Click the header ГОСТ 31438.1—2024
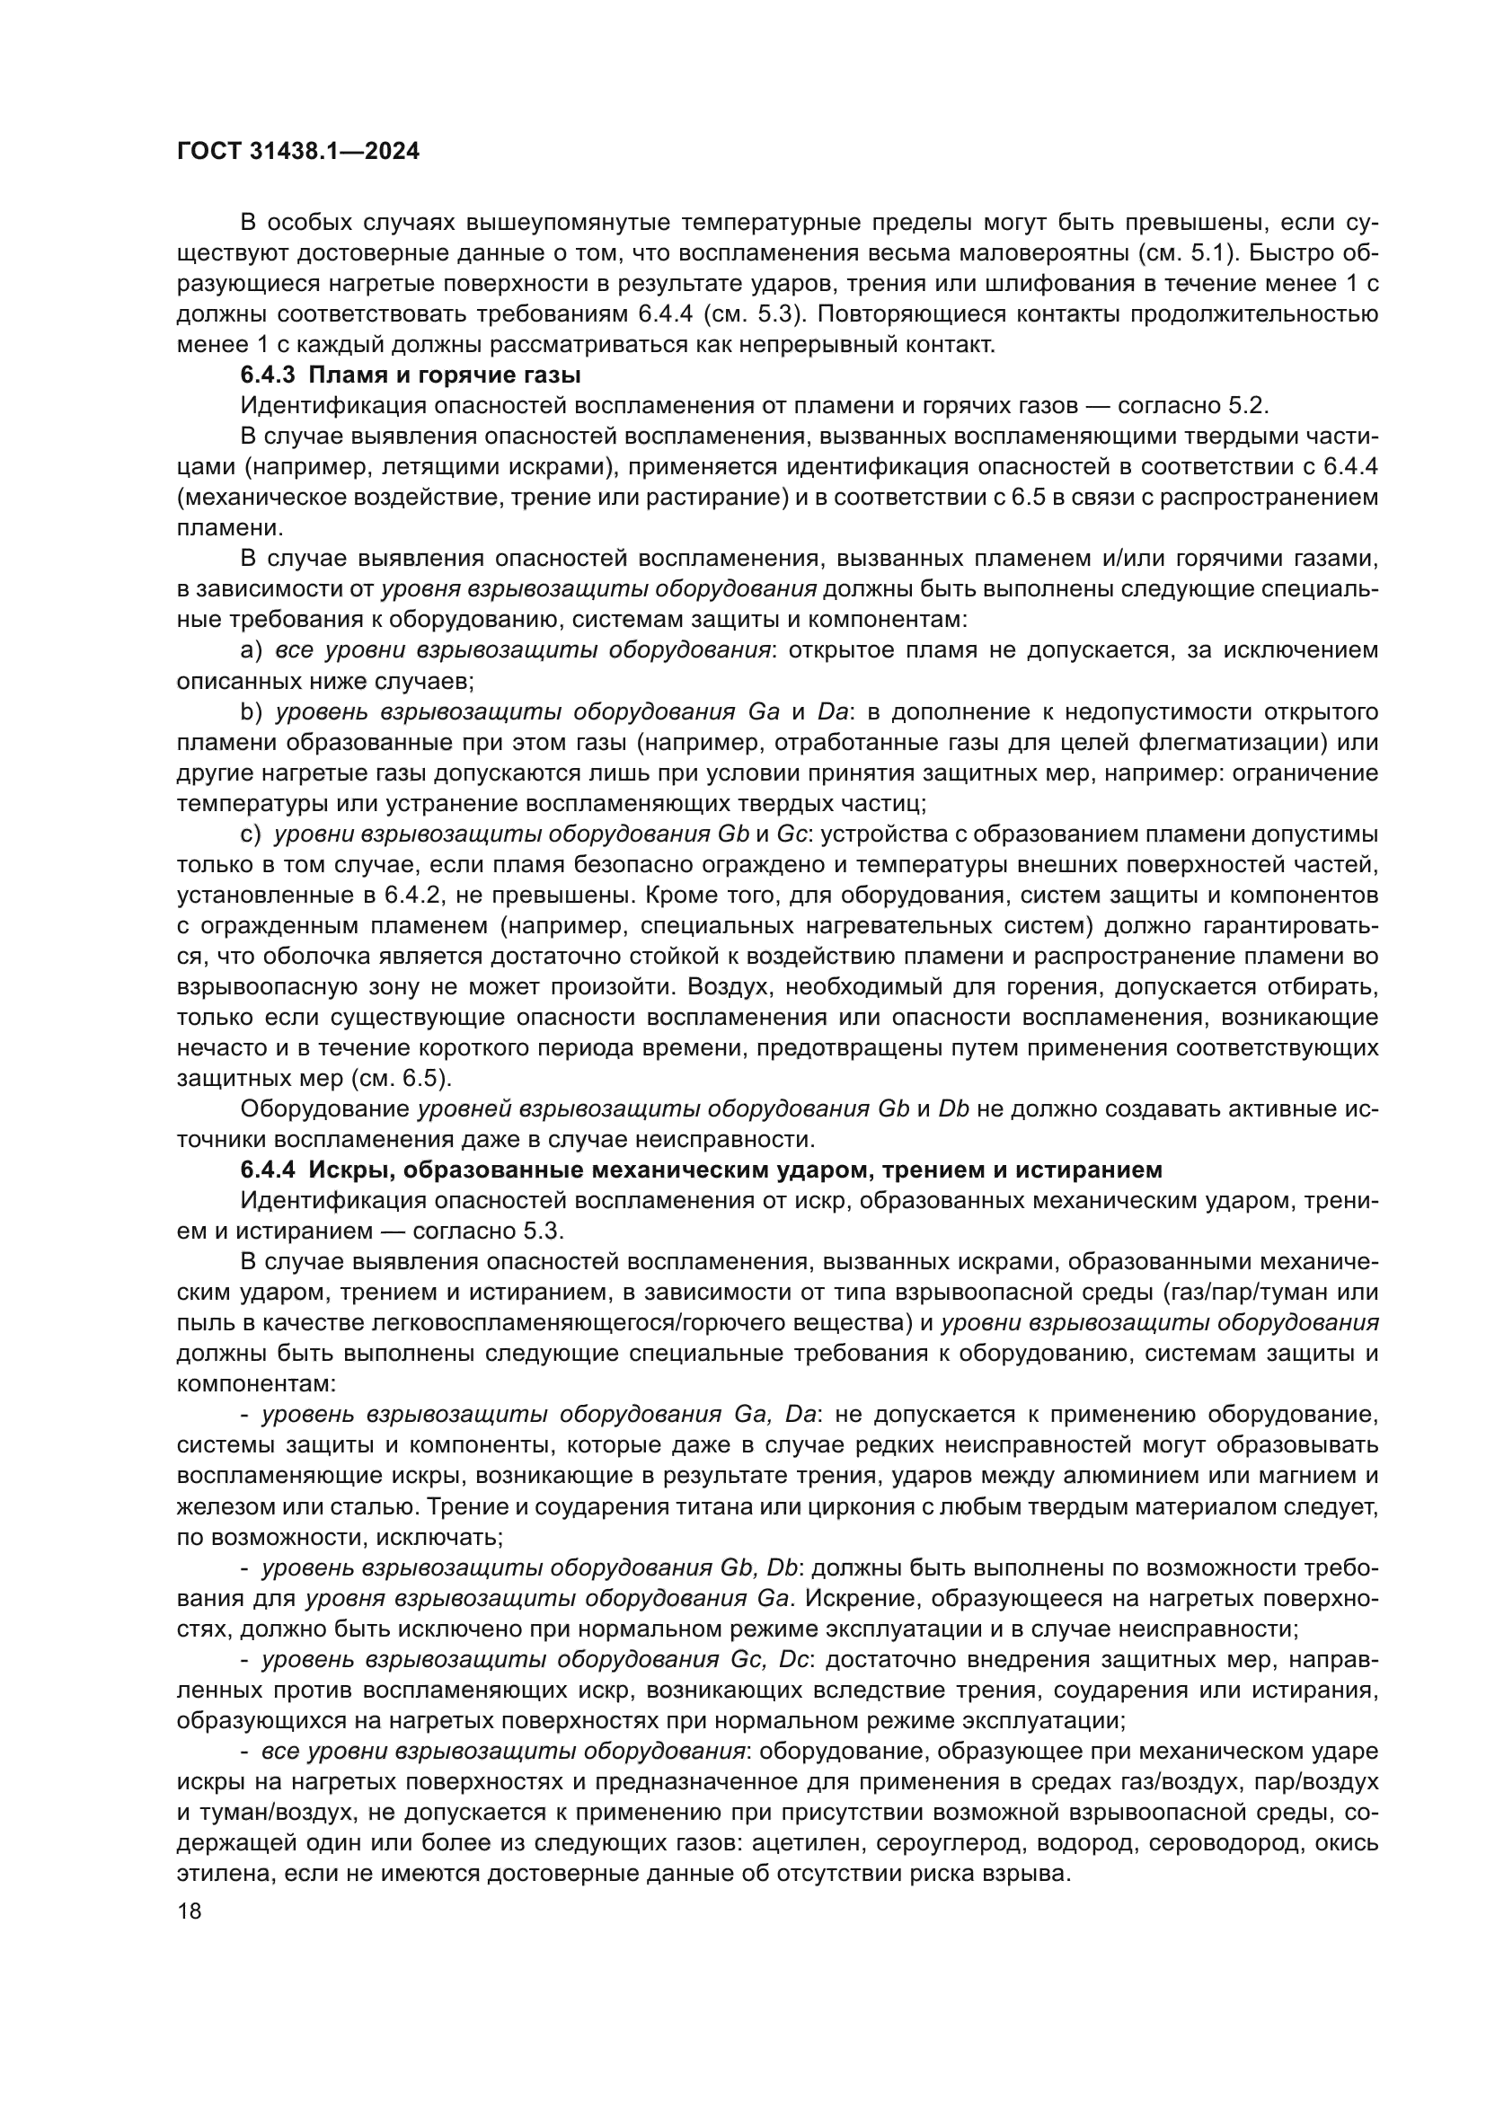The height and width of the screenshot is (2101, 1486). (x=297, y=152)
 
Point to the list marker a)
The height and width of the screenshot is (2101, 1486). (x=251, y=650)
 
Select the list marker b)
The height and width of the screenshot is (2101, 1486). (x=251, y=712)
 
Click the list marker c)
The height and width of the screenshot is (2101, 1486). (x=251, y=834)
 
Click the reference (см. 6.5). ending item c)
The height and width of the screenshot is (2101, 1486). (x=401, y=1079)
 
